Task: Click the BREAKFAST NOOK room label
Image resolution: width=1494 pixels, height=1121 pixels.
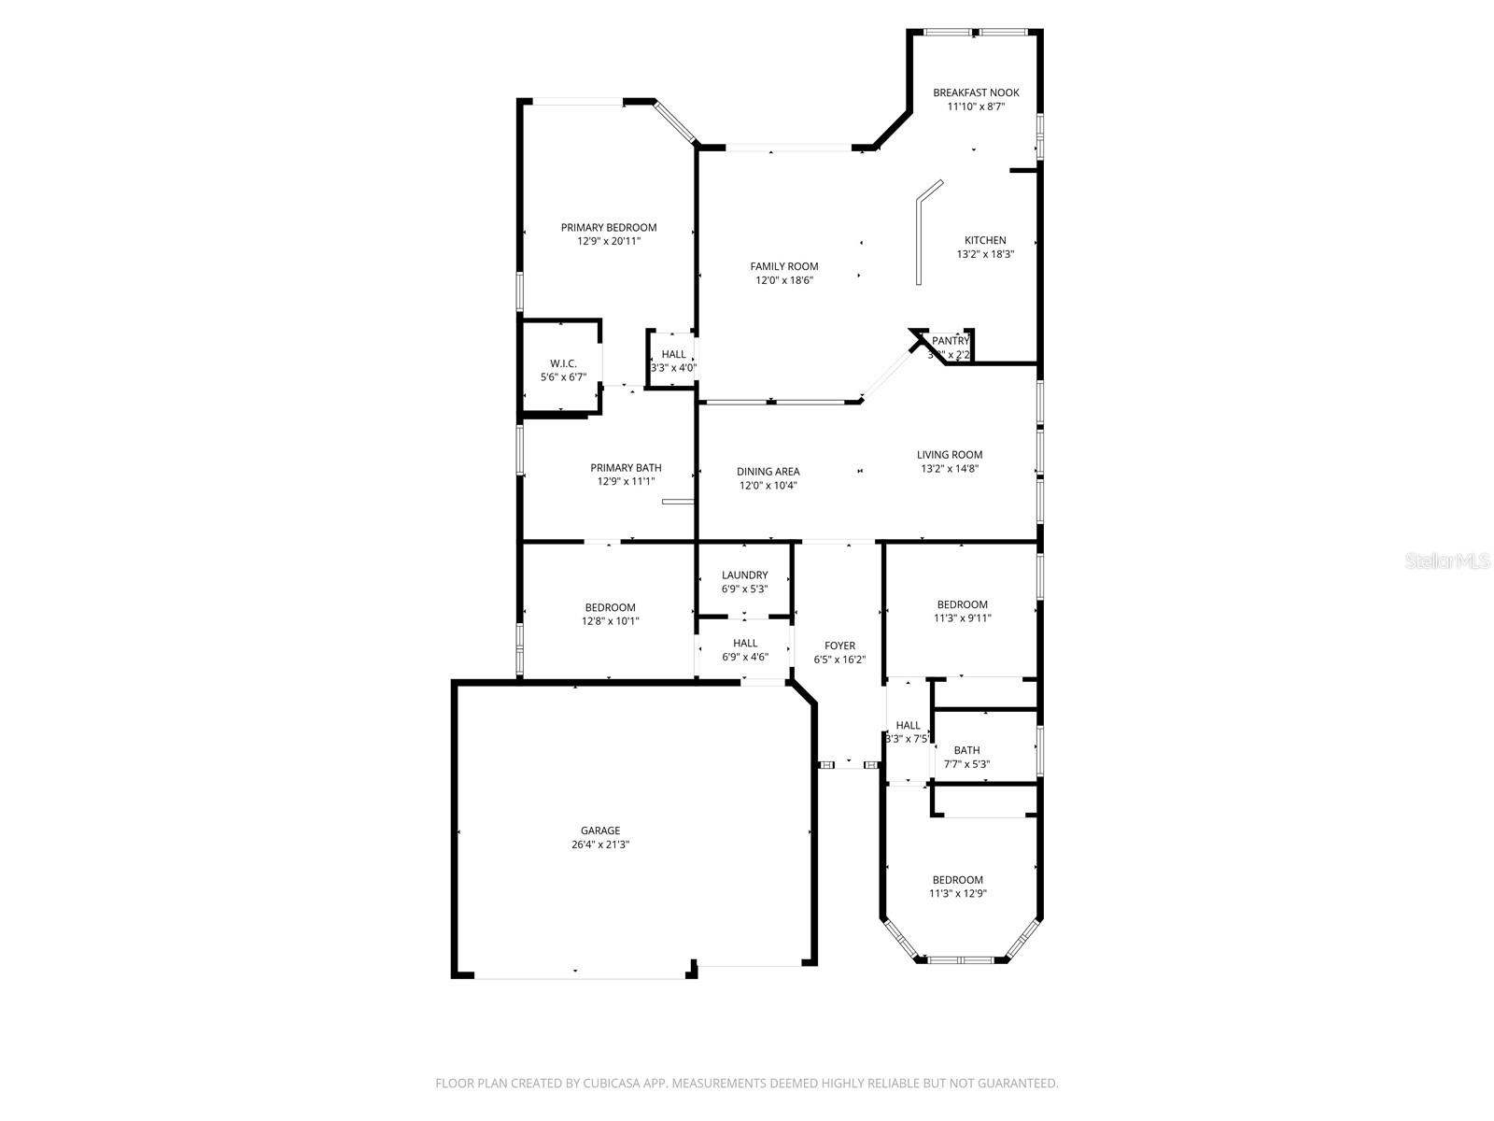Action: click(x=976, y=92)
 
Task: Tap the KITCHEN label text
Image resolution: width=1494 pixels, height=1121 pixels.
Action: click(x=985, y=240)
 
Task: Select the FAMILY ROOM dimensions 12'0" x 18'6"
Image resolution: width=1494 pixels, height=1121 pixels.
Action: click(x=784, y=280)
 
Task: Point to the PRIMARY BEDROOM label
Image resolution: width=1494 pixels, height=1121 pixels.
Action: click(x=609, y=227)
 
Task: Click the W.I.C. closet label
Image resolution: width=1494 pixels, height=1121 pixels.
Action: click(x=563, y=363)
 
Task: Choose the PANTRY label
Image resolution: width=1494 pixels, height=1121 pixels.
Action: click(x=951, y=341)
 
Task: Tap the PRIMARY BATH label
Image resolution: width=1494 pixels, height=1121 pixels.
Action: click(x=626, y=468)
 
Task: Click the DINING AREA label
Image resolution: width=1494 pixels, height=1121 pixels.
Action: click(x=768, y=472)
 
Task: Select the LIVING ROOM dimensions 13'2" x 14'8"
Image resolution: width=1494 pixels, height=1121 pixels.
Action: click(x=950, y=469)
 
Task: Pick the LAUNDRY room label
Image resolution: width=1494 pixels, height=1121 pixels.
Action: click(x=744, y=575)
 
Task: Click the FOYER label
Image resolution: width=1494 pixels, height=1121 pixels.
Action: click(x=839, y=646)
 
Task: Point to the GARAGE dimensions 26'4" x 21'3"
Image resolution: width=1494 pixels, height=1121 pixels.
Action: click(x=600, y=844)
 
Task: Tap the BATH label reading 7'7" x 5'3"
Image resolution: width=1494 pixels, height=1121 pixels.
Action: click(x=966, y=750)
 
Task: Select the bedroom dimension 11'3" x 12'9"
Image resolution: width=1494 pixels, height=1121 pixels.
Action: click(x=957, y=894)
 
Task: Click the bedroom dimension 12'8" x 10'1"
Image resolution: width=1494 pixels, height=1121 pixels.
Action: click(x=610, y=621)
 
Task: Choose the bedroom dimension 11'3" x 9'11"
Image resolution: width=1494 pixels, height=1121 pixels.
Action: click(x=962, y=618)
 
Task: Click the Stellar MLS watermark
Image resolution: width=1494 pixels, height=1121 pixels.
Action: click(x=1448, y=561)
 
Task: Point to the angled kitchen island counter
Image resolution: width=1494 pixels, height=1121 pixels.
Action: click(x=920, y=234)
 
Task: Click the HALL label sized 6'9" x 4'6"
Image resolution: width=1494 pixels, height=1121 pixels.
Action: click(x=745, y=643)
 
